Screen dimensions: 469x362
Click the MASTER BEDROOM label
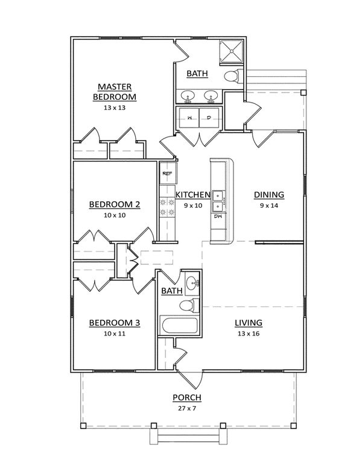pyautogui.click(x=115, y=91)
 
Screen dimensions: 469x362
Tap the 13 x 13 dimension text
pyautogui.click(x=115, y=109)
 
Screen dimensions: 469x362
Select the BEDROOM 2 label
pyautogui.click(x=115, y=204)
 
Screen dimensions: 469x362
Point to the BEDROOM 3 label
pyautogui.click(x=115, y=323)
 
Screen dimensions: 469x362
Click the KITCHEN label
pyautogui.click(x=193, y=195)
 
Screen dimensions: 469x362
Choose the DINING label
pyautogui.click(x=268, y=195)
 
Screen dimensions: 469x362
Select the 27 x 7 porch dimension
pyautogui.click(x=186, y=409)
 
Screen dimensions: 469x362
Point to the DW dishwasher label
pyautogui.click(x=220, y=216)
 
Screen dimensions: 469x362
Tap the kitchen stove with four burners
pyautogui.click(x=167, y=209)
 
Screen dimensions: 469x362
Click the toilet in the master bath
pyautogui.click(x=232, y=76)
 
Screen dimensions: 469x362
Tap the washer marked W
pyautogui.click(x=189, y=117)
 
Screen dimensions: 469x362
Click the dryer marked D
pyautogui.click(x=209, y=117)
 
